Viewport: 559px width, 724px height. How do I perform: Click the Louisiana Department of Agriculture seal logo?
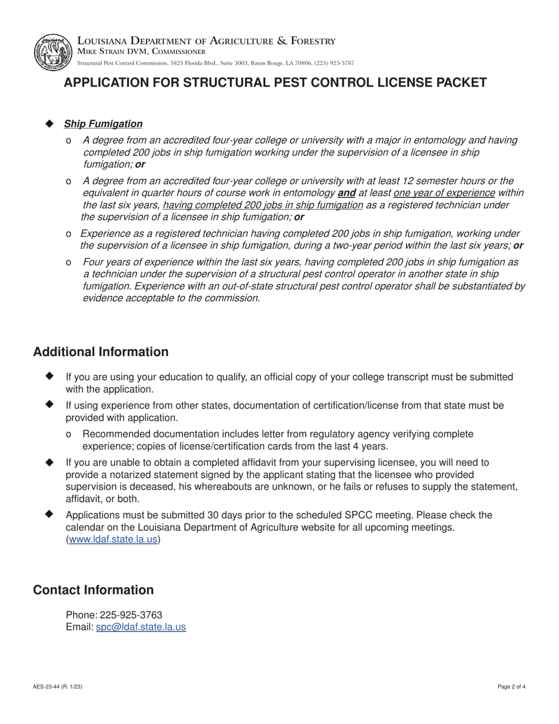pyautogui.click(x=54, y=52)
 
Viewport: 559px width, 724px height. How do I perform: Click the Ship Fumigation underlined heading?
pyautogui.click(x=103, y=124)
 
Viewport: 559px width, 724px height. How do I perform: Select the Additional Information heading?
pyautogui.click(x=101, y=352)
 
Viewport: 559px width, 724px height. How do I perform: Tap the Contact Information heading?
pyautogui.click(x=93, y=590)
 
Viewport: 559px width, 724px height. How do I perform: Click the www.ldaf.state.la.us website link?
pyautogui.click(x=114, y=539)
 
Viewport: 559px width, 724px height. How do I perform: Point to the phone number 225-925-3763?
pyautogui.click(x=131, y=615)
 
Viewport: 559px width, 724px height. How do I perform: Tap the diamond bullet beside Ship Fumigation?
pyautogui.click(x=49, y=124)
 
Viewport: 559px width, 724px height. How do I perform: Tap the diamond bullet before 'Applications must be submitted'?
pyautogui.click(x=49, y=514)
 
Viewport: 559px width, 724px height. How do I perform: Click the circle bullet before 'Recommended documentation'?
pyautogui.click(x=69, y=434)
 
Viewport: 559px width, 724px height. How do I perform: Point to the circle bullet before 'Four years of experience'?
pyautogui.click(x=69, y=262)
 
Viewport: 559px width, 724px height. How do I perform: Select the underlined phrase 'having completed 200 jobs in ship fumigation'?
pyautogui.click(x=262, y=205)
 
